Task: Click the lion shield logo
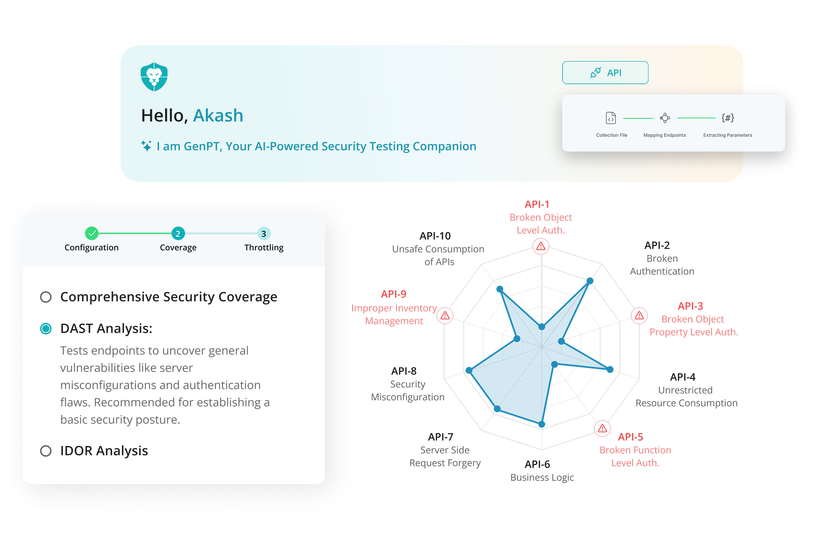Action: click(x=154, y=77)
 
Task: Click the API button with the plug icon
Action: click(x=605, y=73)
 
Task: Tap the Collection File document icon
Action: click(x=611, y=118)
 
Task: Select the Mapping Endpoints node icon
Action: click(x=665, y=118)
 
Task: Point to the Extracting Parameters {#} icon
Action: click(x=728, y=118)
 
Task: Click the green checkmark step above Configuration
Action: click(x=92, y=233)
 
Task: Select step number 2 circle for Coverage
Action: click(x=178, y=233)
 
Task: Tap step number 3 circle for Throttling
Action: click(x=264, y=233)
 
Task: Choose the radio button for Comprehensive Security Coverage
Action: click(x=46, y=297)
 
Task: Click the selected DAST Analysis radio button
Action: click(x=46, y=329)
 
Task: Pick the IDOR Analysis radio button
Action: click(x=46, y=451)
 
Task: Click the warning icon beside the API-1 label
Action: click(x=541, y=246)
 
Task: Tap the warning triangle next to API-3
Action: click(x=639, y=316)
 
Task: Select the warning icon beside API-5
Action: click(x=602, y=428)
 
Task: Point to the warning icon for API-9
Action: click(x=445, y=316)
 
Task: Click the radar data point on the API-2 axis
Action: click(x=590, y=281)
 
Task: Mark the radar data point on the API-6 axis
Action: click(x=542, y=424)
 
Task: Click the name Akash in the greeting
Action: click(x=218, y=115)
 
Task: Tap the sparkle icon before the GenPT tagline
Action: click(x=146, y=146)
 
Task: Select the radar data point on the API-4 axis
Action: click(x=610, y=369)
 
